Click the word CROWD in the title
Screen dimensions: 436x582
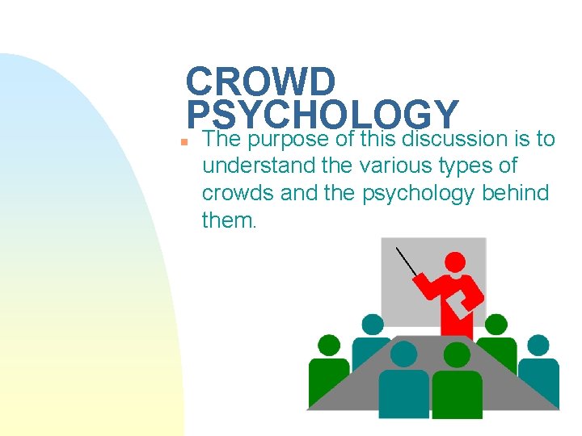tap(259, 82)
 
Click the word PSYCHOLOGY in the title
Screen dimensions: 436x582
tap(322, 114)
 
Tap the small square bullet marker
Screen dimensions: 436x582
tap(185, 140)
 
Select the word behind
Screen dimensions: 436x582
tap(518, 192)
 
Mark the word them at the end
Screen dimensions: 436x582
tap(228, 220)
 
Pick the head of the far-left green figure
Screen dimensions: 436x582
tap(329, 346)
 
